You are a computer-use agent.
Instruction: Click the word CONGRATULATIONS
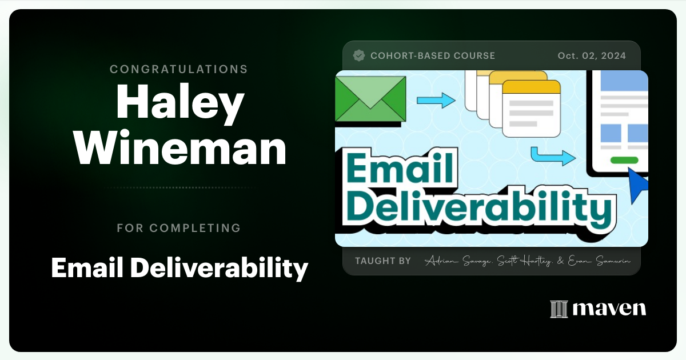pos(178,69)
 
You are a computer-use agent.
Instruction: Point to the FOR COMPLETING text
pos(178,228)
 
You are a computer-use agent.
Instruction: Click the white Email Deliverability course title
pos(180,267)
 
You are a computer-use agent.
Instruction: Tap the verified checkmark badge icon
pos(359,55)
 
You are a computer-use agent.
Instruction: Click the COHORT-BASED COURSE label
pos(432,55)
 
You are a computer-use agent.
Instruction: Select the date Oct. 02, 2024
pos(591,55)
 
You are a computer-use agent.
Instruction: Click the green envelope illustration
pos(370,98)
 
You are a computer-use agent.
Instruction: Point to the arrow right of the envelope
pos(436,101)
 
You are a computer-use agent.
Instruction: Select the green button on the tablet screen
pos(624,160)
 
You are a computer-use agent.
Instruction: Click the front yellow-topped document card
pos(531,108)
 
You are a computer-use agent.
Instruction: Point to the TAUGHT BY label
pos(382,261)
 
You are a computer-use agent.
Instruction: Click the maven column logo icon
pos(559,309)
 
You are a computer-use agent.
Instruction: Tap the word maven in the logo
pos(609,309)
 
